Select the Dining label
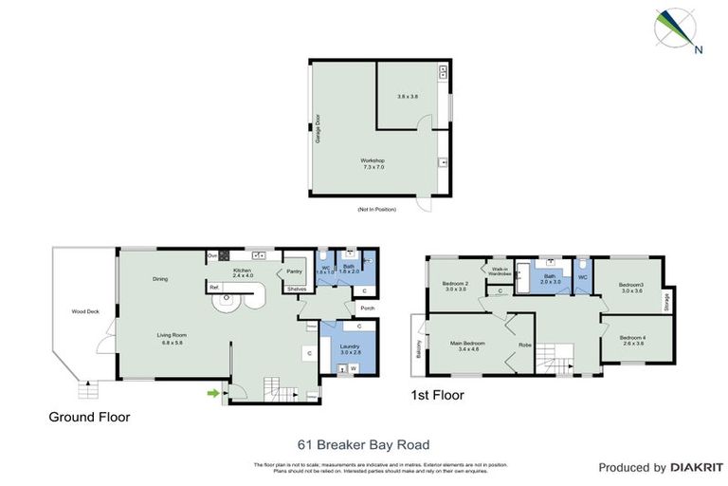tap(160, 278)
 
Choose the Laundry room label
tap(349, 346)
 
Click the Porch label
tap(367, 308)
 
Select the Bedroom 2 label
tap(455, 284)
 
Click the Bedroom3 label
tap(631, 285)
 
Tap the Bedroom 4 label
tap(631, 338)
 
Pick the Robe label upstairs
tap(523, 345)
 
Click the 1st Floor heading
tap(437, 395)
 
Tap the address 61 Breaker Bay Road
tap(363, 444)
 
